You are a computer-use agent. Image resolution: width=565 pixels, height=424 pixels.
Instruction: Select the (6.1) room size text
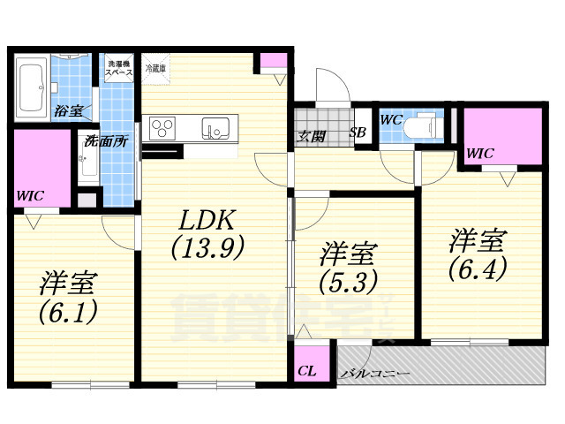(x=67, y=310)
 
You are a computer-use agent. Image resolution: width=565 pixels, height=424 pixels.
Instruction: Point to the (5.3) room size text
(x=348, y=282)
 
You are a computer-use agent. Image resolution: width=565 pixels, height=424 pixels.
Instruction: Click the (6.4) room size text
(x=477, y=266)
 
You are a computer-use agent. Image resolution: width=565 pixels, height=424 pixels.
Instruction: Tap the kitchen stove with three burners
(x=164, y=129)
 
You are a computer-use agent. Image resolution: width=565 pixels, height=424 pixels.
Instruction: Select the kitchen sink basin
(x=215, y=129)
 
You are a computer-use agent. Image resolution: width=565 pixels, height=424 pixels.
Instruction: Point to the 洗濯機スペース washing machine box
(x=119, y=70)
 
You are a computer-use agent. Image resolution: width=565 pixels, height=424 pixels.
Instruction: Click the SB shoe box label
(x=358, y=133)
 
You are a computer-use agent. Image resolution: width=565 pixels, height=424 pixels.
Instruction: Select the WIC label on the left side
(x=29, y=195)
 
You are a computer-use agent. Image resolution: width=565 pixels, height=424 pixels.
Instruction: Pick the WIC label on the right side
(x=480, y=153)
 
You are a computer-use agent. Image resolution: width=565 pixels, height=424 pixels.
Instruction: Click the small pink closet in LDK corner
(x=271, y=64)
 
